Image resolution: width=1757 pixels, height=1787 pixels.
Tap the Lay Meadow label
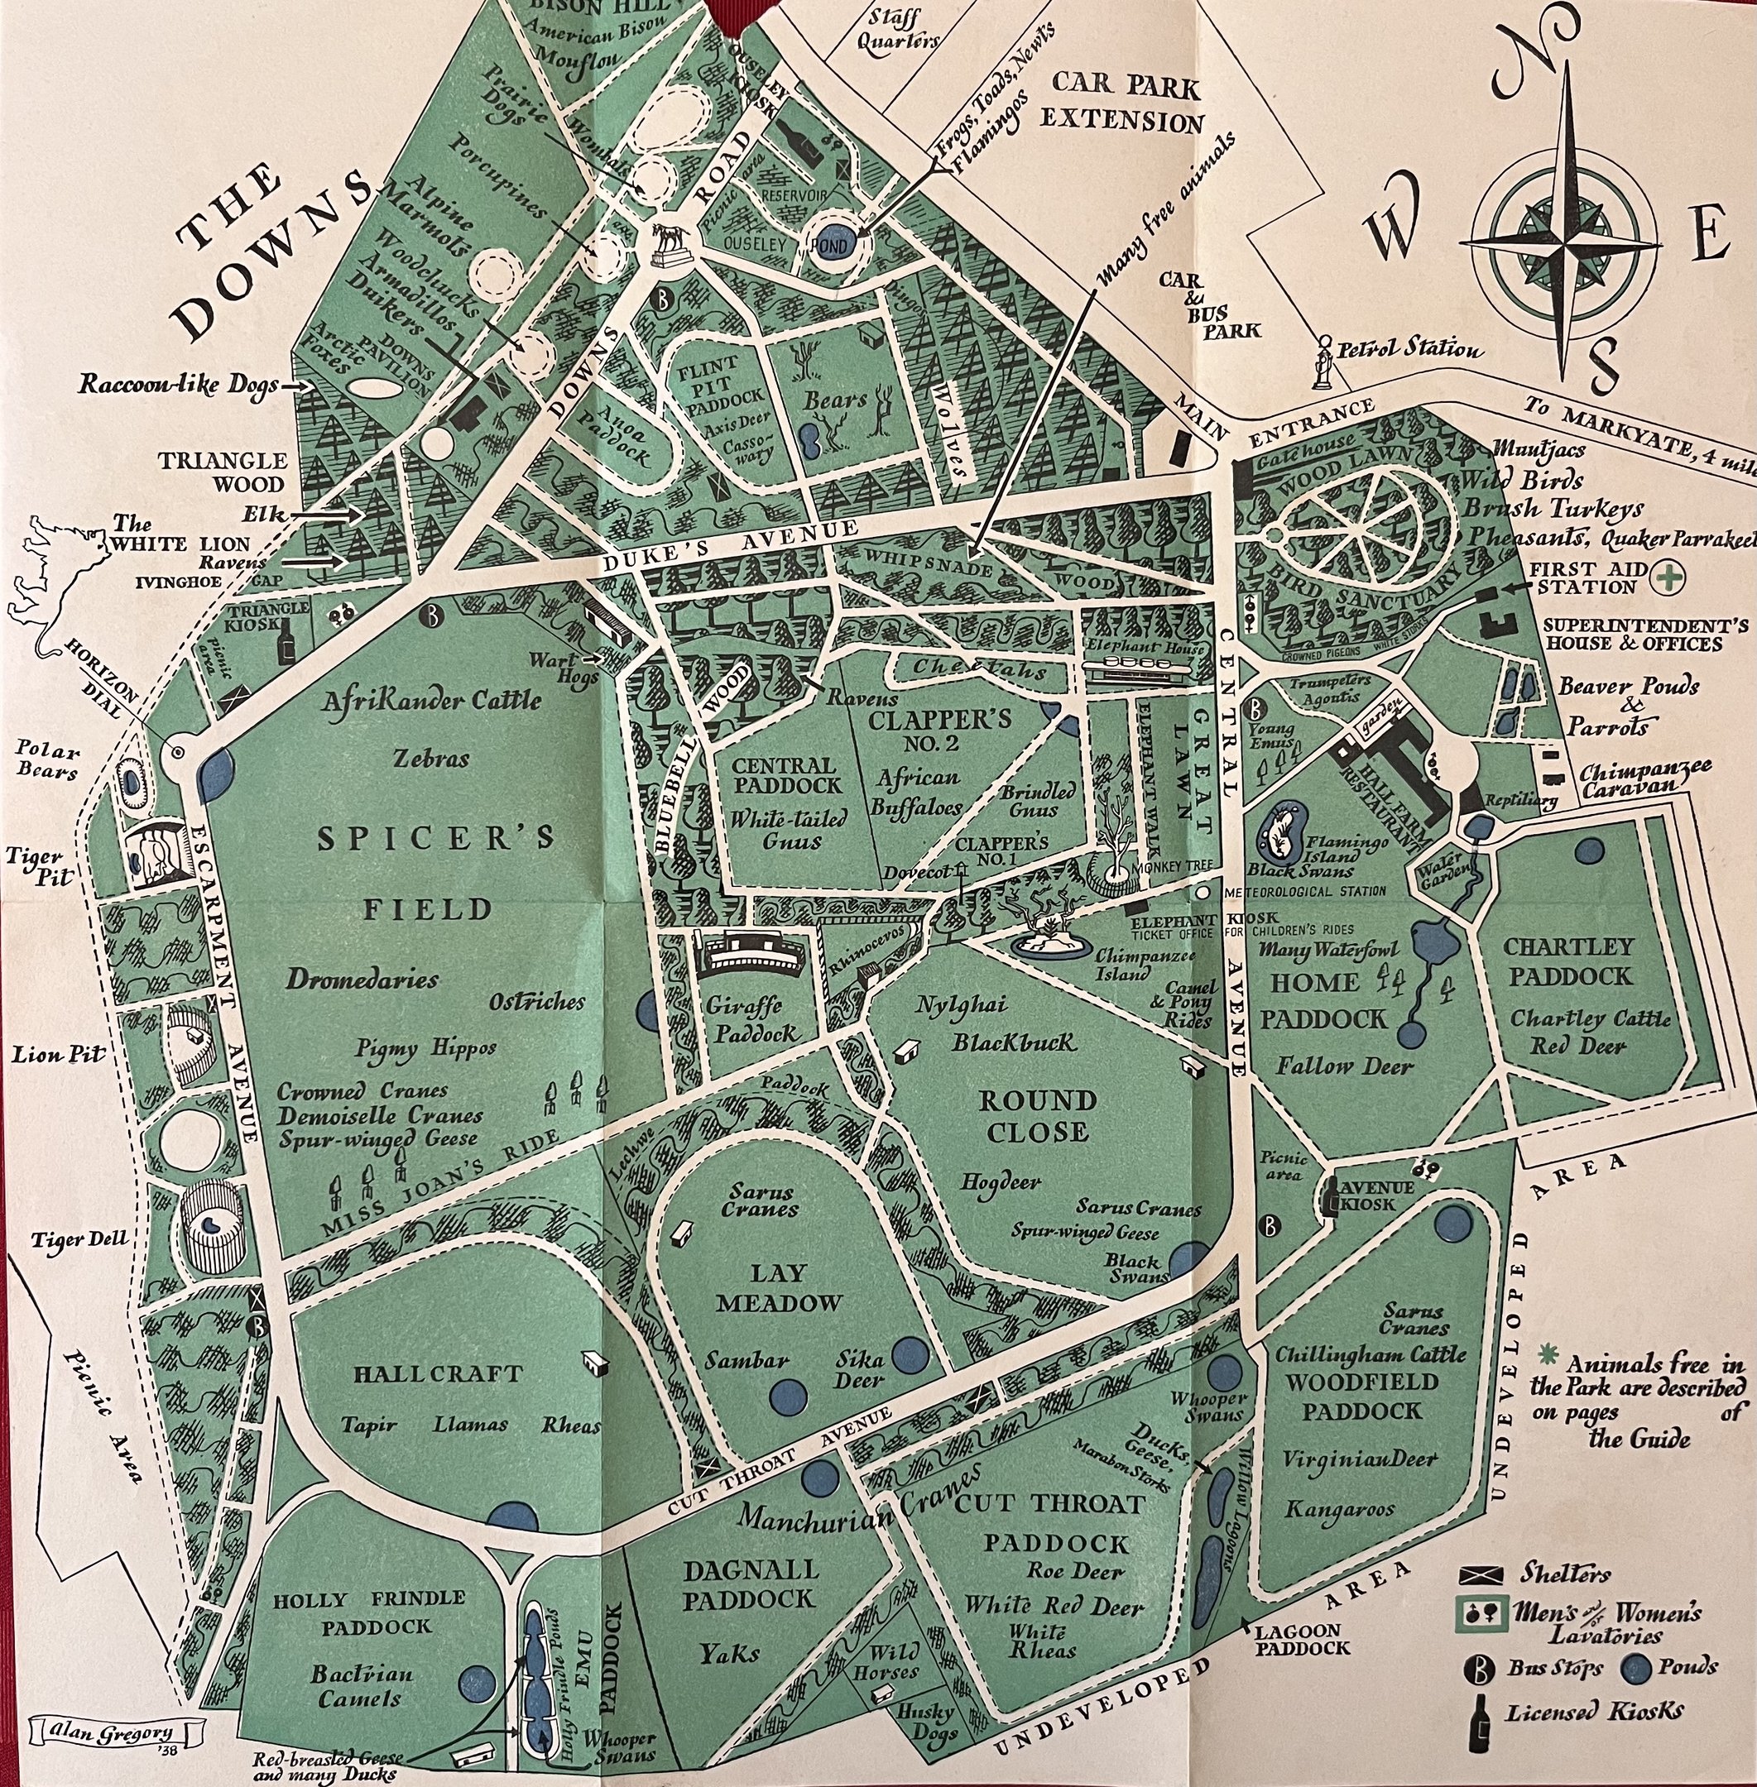[780, 1288]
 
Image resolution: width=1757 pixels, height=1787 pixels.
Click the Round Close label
[1037, 1115]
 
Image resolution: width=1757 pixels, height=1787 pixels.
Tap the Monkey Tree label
[1174, 867]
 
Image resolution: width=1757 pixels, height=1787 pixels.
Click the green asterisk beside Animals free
[1548, 1353]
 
